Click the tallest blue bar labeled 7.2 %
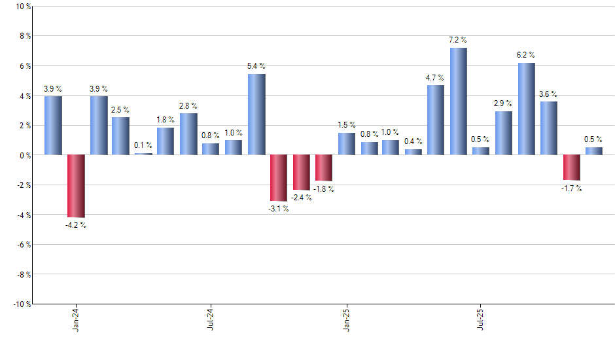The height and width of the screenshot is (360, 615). [x=458, y=101]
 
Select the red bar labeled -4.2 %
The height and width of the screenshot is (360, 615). [x=76, y=186]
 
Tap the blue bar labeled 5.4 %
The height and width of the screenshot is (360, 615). [x=256, y=115]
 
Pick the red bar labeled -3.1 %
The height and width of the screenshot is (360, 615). [x=279, y=177]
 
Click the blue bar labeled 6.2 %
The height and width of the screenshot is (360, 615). [x=526, y=109]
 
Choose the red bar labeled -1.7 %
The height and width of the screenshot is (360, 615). [x=571, y=168]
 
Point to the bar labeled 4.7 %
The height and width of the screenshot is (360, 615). [x=435, y=120]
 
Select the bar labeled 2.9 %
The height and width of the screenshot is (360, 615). [x=503, y=133]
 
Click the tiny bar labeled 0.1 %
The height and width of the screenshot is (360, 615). [x=143, y=154]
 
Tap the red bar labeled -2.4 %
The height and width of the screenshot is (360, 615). [x=301, y=172]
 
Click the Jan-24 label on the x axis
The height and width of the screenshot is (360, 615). [x=77, y=318]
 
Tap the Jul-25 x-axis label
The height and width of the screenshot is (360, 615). [x=482, y=318]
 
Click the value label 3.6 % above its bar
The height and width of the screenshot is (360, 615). [x=548, y=94]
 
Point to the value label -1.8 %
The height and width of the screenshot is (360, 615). [x=323, y=189]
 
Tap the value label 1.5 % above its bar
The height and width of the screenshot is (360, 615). [x=347, y=125]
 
